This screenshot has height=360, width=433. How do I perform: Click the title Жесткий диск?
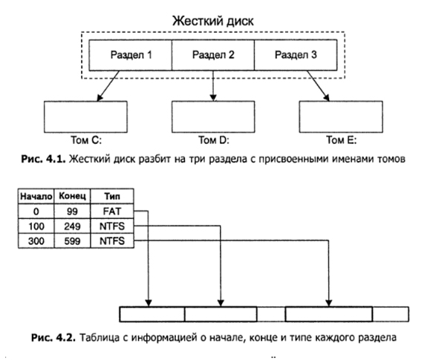pos(213,20)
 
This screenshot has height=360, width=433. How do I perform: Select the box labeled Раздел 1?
pos(130,54)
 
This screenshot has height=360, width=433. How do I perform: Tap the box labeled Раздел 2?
pos(213,54)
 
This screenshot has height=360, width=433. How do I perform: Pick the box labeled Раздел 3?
pos(296,54)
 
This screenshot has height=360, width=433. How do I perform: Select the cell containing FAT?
pos(109,212)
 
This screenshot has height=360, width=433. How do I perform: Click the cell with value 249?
pos(74,226)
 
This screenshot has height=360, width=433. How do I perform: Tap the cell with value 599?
pos(74,241)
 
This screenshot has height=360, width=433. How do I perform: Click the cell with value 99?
pos(74,212)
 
